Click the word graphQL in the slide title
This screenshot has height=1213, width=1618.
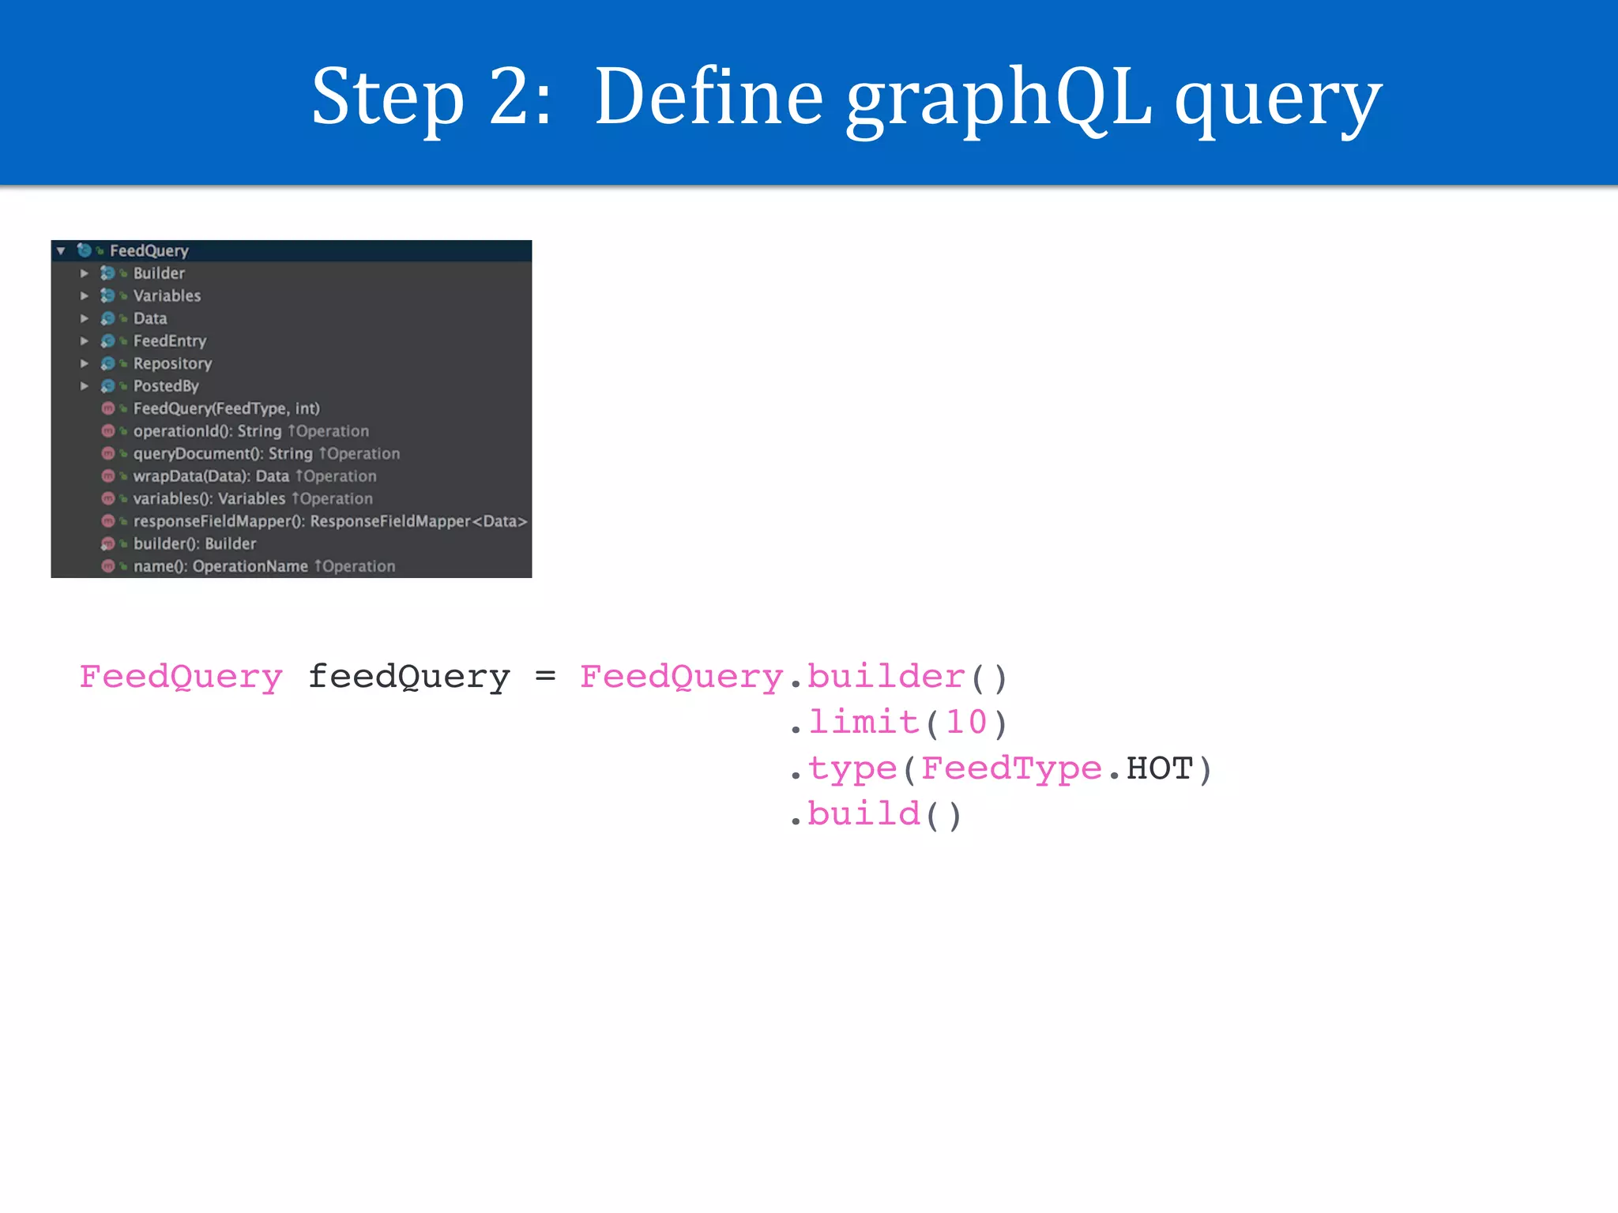(x=999, y=99)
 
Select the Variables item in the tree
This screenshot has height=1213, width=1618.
(x=167, y=296)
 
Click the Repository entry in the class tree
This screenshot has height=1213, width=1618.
(x=172, y=364)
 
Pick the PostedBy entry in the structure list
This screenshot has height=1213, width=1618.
(x=166, y=386)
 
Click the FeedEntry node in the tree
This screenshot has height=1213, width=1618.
(x=169, y=341)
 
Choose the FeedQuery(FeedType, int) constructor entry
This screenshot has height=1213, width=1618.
(x=226, y=409)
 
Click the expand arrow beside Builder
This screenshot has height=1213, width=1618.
(x=85, y=273)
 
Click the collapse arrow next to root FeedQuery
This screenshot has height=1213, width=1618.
(x=61, y=251)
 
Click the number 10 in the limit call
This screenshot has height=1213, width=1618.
(x=966, y=723)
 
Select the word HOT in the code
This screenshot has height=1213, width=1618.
(x=1159, y=768)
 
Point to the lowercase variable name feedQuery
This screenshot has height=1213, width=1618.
(x=408, y=677)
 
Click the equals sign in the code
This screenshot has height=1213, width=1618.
(x=545, y=677)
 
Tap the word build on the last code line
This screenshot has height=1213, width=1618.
(x=864, y=814)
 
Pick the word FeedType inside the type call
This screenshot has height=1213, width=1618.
(x=1011, y=768)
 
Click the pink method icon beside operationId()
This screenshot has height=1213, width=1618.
(x=108, y=431)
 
